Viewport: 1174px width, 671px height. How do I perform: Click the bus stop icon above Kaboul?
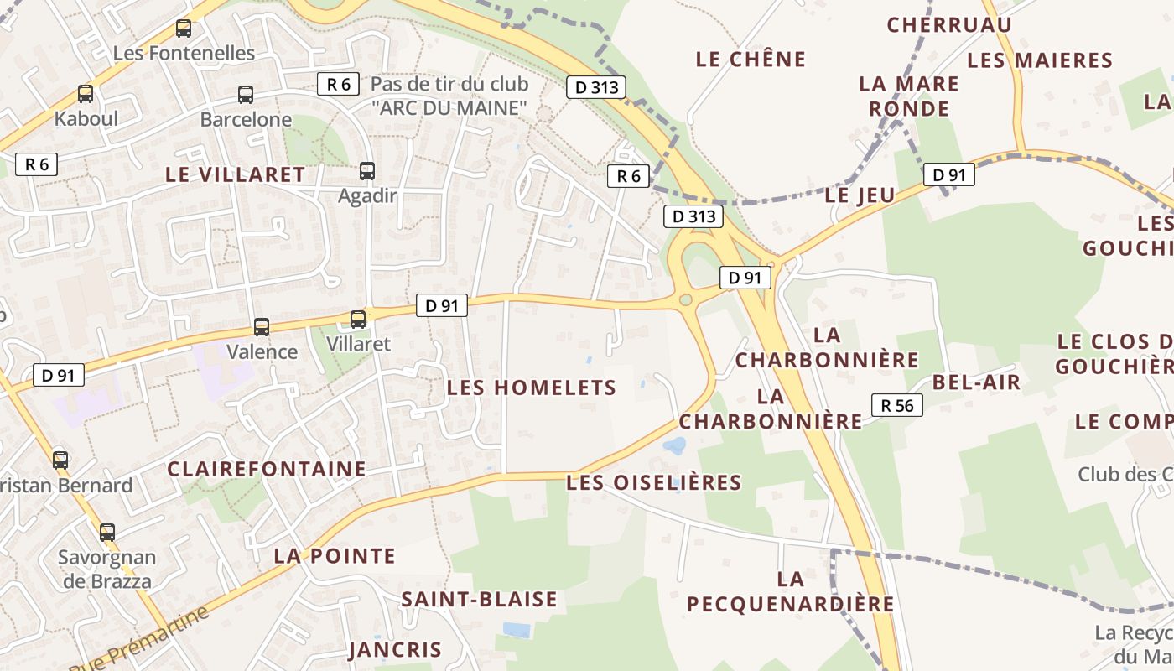click(x=85, y=94)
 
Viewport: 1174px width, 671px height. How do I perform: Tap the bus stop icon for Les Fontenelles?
click(x=184, y=29)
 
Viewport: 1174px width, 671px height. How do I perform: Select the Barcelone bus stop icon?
click(x=245, y=95)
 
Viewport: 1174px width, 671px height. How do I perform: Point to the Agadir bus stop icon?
click(x=366, y=171)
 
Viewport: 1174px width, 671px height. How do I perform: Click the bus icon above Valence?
click(x=262, y=327)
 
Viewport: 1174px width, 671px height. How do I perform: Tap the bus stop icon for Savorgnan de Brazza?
click(x=106, y=532)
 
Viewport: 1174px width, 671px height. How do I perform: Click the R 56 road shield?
click(x=897, y=405)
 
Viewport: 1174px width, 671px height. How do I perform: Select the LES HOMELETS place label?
click(x=532, y=388)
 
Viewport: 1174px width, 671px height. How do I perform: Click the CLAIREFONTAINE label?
click(x=267, y=469)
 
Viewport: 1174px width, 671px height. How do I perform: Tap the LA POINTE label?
click(x=335, y=556)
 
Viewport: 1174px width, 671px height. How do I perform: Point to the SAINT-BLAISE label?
click(x=479, y=599)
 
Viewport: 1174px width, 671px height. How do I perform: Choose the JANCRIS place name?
click(x=395, y=650)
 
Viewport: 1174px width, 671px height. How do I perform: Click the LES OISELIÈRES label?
click(x=654, y=482)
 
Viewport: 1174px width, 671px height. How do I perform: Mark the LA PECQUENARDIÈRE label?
click(x=790, y=591)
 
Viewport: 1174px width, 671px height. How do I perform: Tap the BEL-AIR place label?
click(x=976, y=382)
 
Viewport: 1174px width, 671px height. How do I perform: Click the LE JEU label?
click(x=860, y=195)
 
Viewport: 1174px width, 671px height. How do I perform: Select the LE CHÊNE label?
click(x=751, y=59)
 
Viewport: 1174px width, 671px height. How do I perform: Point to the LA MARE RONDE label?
click(x=909, y=96)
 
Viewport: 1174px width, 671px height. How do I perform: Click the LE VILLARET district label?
click(x=236, y=174)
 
